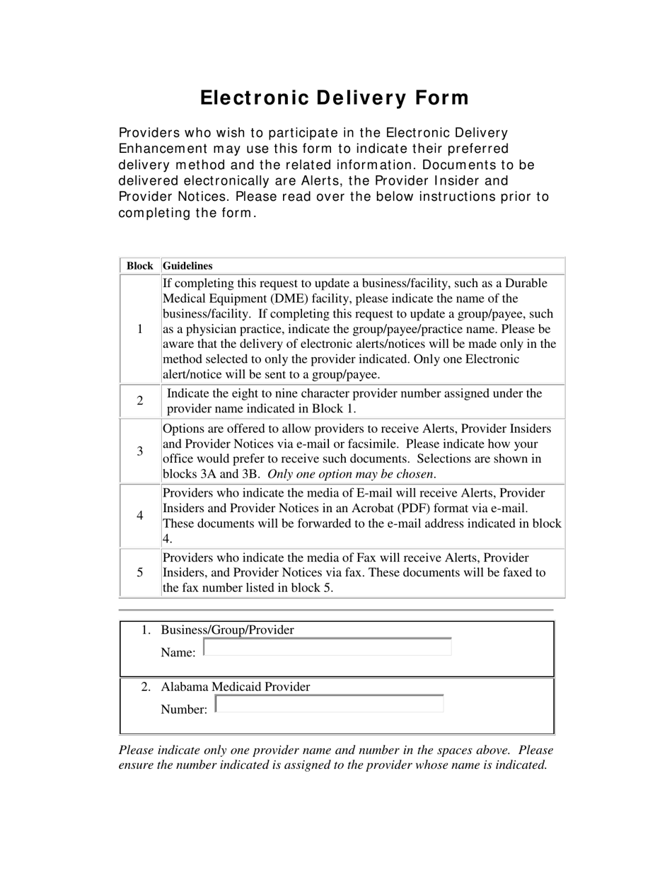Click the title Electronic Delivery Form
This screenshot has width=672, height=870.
334,98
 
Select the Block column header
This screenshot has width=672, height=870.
140,266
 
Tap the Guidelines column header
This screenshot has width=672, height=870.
187,266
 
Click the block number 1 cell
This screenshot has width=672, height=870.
140,329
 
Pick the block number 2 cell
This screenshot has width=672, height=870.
140,401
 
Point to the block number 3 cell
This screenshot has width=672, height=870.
140,451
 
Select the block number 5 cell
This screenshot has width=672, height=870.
140,572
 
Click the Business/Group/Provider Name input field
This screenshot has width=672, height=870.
327,647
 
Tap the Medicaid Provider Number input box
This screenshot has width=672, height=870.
329,704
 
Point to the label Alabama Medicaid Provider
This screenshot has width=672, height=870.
236,687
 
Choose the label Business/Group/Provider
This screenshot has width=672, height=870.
227,630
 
